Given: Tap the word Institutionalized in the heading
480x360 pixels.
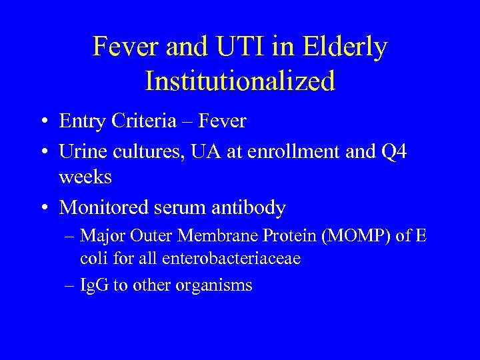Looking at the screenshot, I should (240, 81).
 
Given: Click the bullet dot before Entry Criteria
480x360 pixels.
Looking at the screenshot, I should (43, 122).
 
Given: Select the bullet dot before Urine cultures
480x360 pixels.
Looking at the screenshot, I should (43, 153).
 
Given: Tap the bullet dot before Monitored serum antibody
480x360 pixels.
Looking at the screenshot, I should (43, 209).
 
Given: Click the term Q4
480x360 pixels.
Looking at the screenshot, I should (394, 152).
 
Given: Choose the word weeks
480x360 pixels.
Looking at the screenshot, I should (85, 177).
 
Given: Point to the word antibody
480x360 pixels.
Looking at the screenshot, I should (250, 208).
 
